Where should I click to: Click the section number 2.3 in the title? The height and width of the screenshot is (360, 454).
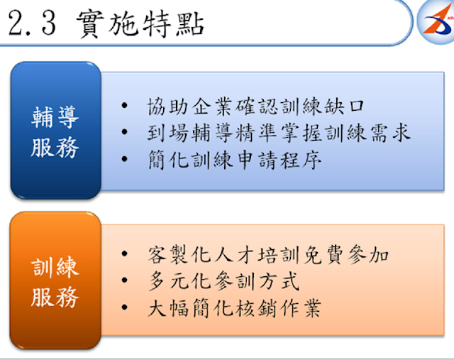[32, 23]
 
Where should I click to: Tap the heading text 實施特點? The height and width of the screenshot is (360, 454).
[140, 24]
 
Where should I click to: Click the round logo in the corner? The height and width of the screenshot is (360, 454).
[436, 22]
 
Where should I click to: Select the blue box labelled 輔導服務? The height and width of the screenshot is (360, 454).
[55, 130]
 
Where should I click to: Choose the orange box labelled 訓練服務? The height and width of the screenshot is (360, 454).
[55, 280]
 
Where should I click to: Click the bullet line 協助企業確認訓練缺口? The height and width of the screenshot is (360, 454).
[256, 106]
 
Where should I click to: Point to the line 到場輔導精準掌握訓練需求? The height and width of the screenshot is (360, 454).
[279, 133]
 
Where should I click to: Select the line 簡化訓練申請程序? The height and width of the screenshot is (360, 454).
[235, 160]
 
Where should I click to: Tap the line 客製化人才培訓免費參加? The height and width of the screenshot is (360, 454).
[268, 254]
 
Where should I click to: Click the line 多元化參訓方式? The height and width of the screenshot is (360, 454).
[223, 281]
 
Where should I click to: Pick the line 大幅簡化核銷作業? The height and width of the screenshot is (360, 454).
[234, 308]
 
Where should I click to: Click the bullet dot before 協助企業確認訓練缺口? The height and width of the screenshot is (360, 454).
[125, 105]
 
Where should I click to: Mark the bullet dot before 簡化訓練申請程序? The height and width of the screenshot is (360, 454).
[125, 159]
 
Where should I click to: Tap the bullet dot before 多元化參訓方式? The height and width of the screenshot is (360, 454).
[125, 280]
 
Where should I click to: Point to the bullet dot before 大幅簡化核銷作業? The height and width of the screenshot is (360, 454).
[125, 307]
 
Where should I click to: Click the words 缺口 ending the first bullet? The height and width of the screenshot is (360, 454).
[343, 106]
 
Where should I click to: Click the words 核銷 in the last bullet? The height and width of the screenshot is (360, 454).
[256, 308]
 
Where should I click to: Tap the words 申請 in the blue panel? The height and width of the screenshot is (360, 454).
[256, 160]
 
